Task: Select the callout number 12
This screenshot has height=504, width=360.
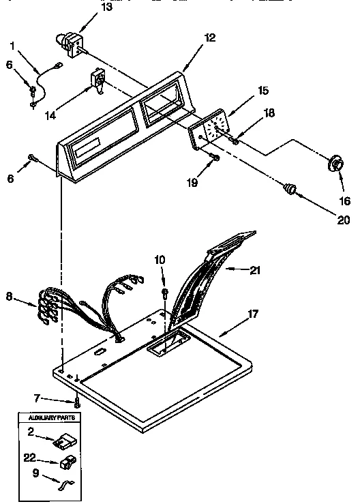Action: click(210, 38)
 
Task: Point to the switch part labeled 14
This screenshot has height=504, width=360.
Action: click(96, 82)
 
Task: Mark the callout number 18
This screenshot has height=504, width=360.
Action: click(269, 113)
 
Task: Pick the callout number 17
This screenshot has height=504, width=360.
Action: click(252, 314)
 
